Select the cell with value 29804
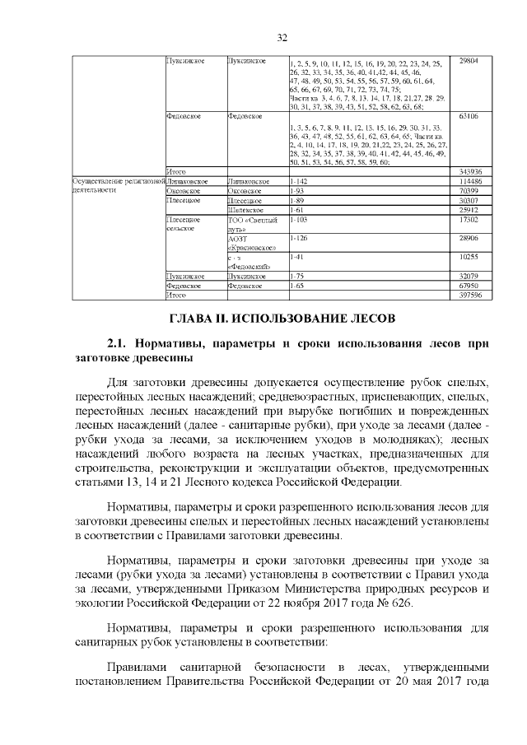(x=469, y=61)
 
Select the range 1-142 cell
(x=300, y=179)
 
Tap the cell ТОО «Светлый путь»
(x=253, y=225)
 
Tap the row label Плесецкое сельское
(x=184, y=225)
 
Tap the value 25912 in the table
(x=469, y=210)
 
